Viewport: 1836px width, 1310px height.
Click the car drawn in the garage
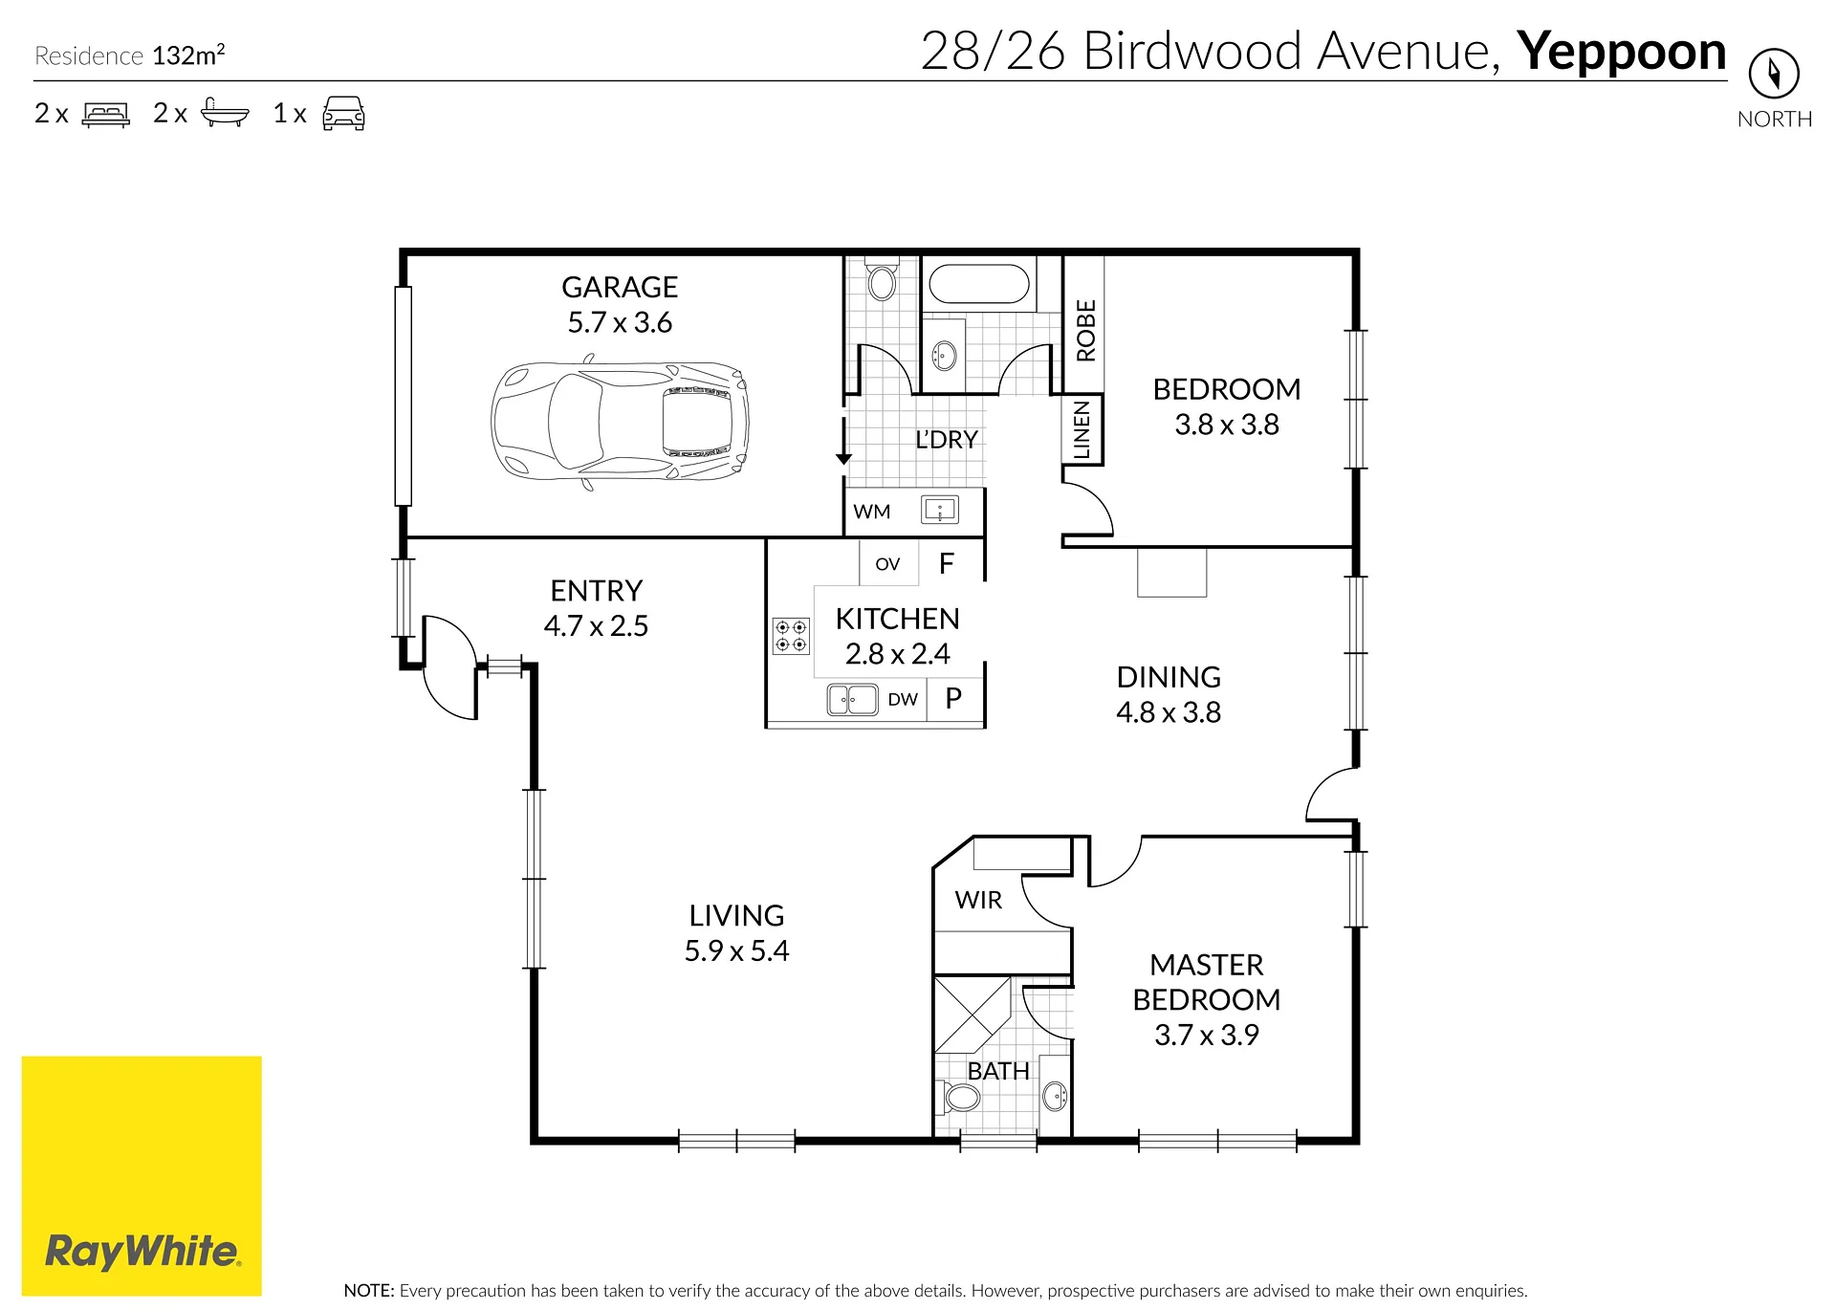click(x=620, y=422)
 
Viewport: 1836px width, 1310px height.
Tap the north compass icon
click(x=1774, y=74)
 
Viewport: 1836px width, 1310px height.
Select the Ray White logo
click(x=142, y=1175)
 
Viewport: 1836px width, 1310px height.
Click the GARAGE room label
click(x=620, y=287)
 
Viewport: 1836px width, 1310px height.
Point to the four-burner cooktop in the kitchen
click(x=791, y=636)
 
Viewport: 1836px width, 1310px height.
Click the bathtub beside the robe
click(x=979, y=284)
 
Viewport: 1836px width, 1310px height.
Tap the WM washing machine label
click(x=872, y=512)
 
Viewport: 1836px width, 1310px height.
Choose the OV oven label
click(x=887, y=564)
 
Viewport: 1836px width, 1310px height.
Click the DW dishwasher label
click(x=903, y=699)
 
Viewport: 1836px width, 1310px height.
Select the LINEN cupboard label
click(x=1082, y=430)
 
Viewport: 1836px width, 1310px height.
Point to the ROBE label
click(x=1085, y=331)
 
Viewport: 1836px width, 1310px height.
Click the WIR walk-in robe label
click(x=978, y=900)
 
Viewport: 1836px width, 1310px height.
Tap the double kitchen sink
click(x=852, y=700)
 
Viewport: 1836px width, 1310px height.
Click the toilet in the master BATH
click(x=960, y=1097)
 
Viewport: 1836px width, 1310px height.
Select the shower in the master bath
click(x=973, y=1015)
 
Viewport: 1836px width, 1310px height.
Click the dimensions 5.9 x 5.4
click(x=736, y=950)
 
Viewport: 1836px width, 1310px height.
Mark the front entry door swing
click(x=448, y=667)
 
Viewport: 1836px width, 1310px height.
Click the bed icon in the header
click(x=106, y=114)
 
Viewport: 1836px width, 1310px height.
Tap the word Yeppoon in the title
click(x=1622, y=51)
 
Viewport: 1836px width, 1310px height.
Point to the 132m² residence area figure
click(x=188, y=55)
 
